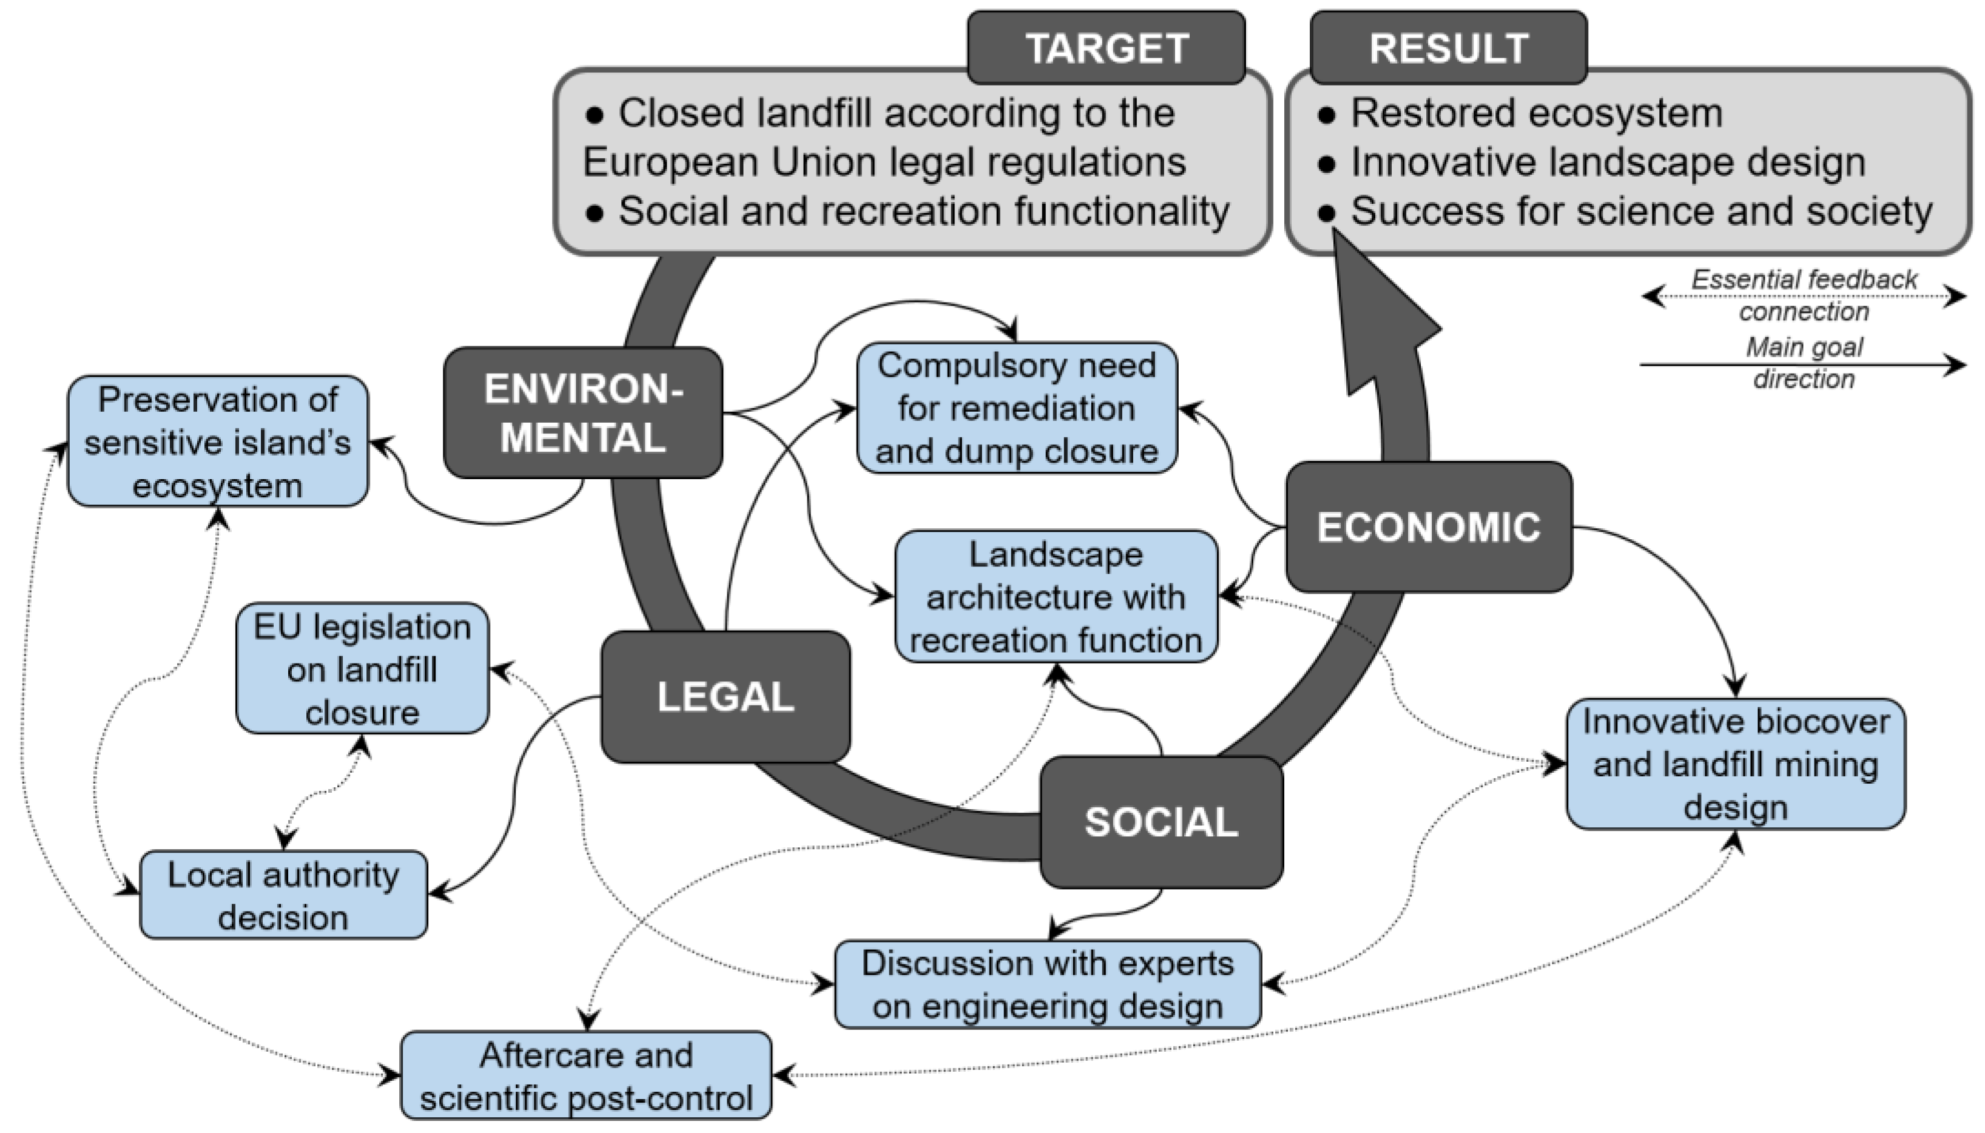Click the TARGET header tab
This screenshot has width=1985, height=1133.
coord(1106,49)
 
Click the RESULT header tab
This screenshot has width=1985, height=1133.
coord(1448,49)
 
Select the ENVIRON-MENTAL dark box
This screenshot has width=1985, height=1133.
coord(583,412)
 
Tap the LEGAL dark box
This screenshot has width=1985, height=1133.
coord(725,696)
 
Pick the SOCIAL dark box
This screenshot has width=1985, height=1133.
coord(1161,822)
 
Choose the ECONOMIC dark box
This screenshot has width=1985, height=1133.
coord(1428,527)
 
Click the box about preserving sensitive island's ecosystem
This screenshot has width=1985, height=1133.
coord(218,442)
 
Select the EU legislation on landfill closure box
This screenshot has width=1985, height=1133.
coord(362,668)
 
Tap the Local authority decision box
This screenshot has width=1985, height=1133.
coord(283,895)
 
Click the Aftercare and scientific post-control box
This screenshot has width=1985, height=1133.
coord(586,1076)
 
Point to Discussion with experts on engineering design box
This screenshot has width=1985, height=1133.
coord(1047,984)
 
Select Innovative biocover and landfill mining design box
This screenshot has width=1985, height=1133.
coord(1735,764)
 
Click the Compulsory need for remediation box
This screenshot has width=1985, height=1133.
coord(1016,408)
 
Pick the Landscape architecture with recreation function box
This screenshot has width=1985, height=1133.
coord(1056,597)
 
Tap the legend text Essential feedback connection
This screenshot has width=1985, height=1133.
coord(1804,295)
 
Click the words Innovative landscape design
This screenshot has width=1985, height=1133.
coord(1608,162)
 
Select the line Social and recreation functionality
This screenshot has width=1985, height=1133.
coord(923,211)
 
